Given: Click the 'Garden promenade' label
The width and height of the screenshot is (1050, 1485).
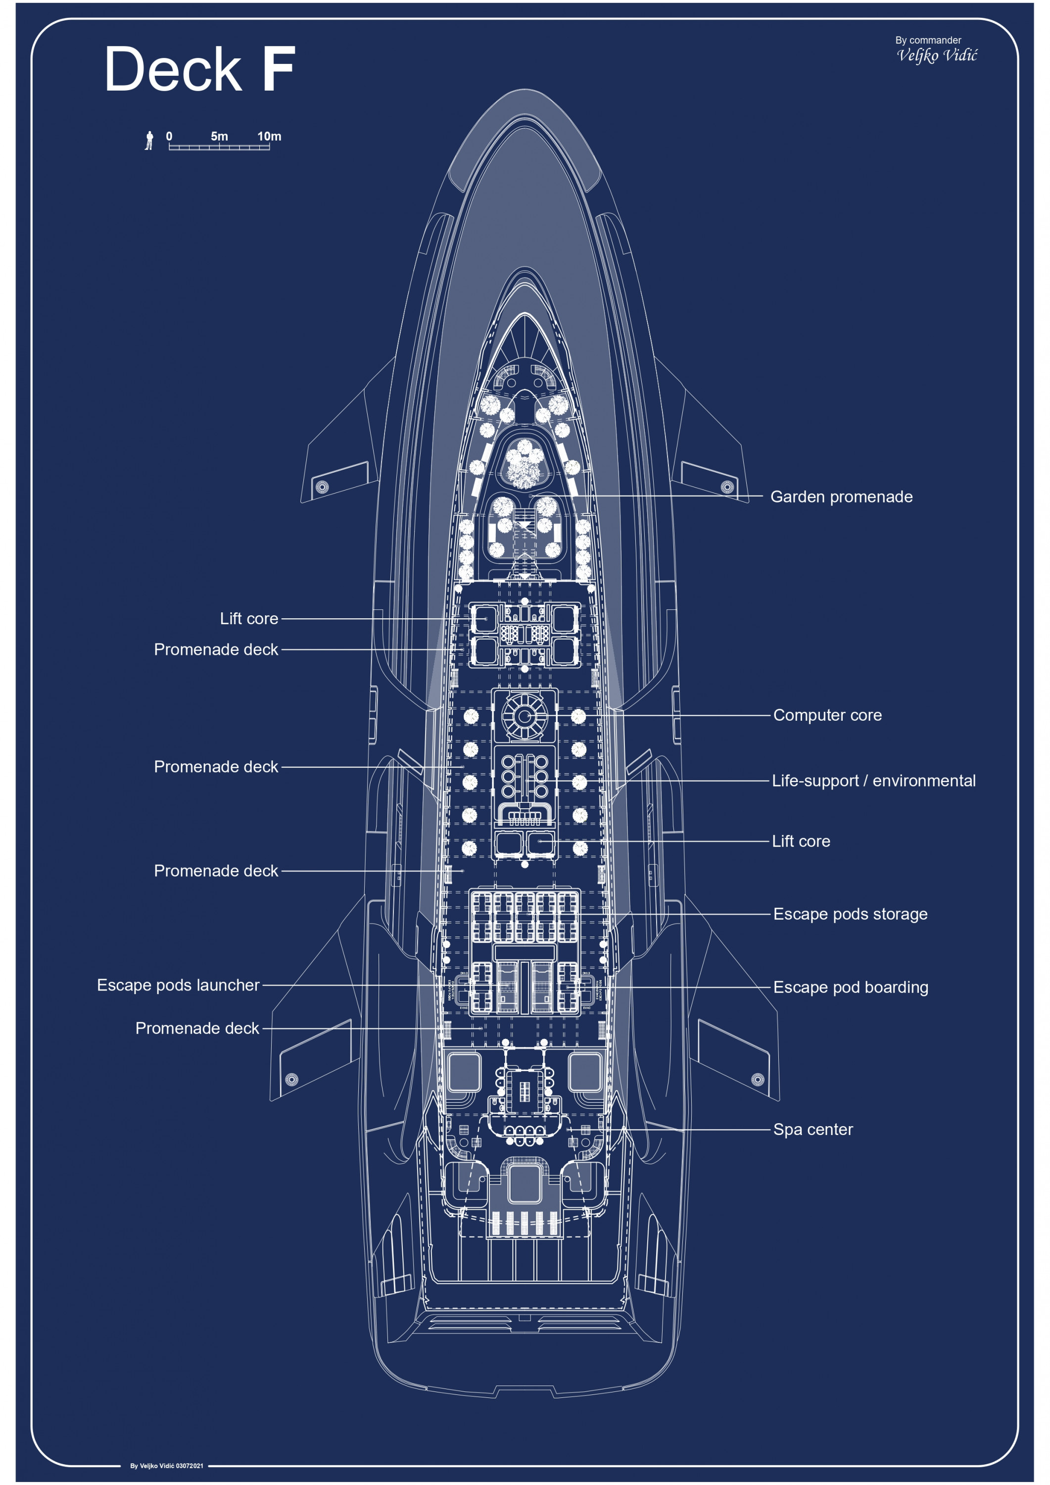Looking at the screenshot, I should point(841,496).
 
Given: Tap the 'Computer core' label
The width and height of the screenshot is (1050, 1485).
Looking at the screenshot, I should point(827,715).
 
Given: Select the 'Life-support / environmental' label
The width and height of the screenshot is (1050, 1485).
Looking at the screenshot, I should point(873,781).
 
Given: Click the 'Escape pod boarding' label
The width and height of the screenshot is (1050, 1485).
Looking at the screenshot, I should point(850,987).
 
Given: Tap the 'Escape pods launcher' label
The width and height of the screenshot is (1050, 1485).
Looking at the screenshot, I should point(178,985).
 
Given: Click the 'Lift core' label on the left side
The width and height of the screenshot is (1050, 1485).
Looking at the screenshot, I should point(249,619).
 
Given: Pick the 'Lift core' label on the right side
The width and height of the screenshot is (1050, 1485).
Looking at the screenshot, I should point(801,841).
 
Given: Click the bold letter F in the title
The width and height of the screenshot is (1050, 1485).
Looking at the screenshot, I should point(278,69).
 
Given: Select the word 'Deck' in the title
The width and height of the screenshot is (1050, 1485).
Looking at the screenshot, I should point(173,69).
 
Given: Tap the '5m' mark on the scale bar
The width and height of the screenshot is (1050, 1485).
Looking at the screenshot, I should point(219,137).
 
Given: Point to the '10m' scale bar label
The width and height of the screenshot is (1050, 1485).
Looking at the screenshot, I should point(269,137).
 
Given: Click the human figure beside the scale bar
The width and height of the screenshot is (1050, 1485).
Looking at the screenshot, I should point(149,141).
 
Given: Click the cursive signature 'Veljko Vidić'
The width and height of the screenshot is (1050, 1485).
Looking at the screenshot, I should point(937,55).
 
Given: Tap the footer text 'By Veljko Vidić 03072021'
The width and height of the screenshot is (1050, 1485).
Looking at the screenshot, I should point(167,1466).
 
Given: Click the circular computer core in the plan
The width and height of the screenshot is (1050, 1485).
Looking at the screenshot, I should point(525,715).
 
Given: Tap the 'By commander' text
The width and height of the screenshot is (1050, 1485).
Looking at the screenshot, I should point(928,40).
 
